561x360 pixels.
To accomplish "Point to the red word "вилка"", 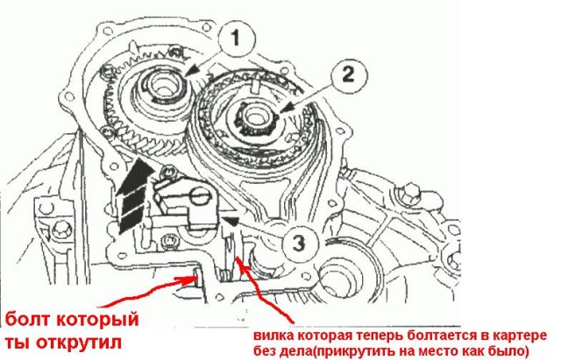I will [273, 334].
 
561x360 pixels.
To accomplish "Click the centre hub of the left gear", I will [163, 92].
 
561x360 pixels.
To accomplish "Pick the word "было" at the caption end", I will [509, 350].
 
